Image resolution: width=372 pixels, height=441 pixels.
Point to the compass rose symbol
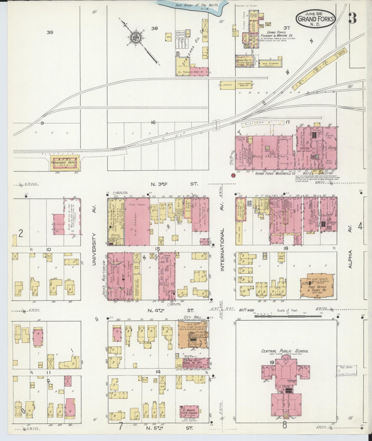click(x=136, y=38)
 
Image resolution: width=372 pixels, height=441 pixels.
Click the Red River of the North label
click(x=196, y=5)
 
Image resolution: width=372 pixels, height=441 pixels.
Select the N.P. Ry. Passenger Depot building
click(x=64, y=163)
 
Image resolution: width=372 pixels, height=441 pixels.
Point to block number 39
click(x=50, y=32)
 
